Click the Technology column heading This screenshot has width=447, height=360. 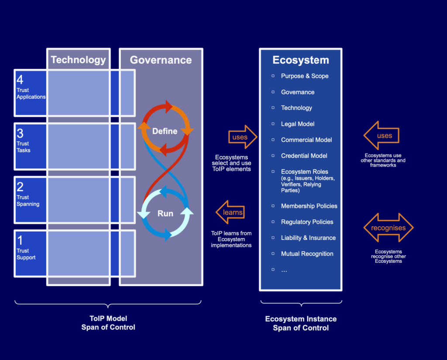[78, 60]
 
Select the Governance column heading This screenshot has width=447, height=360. [161, 60]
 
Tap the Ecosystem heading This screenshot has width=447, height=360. [301, 60]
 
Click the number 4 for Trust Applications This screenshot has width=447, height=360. [20, 80]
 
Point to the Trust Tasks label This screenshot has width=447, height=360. [24, 147]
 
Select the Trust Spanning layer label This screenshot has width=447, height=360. [28, 201]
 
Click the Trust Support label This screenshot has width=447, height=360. [26, 254]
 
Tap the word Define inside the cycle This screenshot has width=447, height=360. [165, 131]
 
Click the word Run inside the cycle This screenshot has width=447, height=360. [165, 214]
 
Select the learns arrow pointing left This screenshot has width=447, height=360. [230, 213]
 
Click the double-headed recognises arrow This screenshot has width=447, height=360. [388, 228]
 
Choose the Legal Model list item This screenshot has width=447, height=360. [298, 124]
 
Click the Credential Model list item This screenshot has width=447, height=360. [304, 156]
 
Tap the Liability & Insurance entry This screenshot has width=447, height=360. [308, 238]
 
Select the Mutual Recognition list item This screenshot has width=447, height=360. [307, 254]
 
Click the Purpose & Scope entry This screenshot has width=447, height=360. [305, 76]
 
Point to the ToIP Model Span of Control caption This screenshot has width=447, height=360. [108, 323]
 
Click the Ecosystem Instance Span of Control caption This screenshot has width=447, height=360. [301, 323]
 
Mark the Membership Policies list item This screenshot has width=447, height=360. [309, 206]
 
